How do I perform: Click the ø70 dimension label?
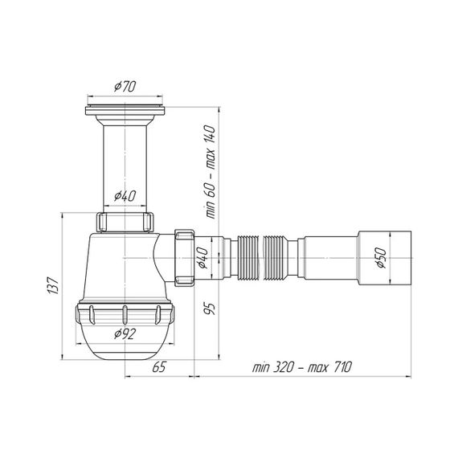click(x=125, y=87)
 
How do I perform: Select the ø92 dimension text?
click(x=125, y=333)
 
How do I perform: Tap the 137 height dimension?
click(x=53, y=285)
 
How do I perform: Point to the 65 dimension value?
click(x=159, y=367)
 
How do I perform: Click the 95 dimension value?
click(x=210, y=309)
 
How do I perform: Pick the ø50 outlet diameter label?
click(x=381, y=258)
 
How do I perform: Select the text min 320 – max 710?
click(x=302, y=367)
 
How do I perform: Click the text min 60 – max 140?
click(x=211, y=172)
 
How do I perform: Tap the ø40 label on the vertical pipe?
click(x=125, y=196)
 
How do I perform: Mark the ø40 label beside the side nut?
click(x=202, y=258)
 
